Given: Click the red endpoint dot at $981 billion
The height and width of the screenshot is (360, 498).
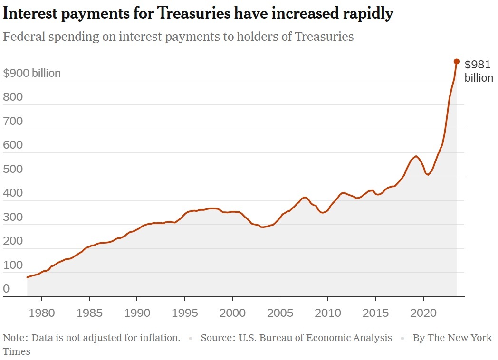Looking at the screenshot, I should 456,61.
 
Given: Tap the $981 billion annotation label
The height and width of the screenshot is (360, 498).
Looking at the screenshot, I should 479,71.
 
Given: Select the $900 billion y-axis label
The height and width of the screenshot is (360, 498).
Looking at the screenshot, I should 32,74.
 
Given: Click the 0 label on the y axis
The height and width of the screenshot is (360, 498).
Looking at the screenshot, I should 6,289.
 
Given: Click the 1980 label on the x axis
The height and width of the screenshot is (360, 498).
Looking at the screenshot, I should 41,313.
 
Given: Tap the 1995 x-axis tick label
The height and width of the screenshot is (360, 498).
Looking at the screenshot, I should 184,313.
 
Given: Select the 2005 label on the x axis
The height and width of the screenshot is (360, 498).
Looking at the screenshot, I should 280,313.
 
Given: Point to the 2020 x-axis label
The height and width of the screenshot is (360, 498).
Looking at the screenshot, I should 423,313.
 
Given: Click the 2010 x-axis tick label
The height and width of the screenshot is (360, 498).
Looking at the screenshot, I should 328,313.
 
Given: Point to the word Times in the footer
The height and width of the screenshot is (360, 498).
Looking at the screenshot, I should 17,352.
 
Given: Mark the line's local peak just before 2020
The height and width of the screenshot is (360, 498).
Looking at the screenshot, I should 416,156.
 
